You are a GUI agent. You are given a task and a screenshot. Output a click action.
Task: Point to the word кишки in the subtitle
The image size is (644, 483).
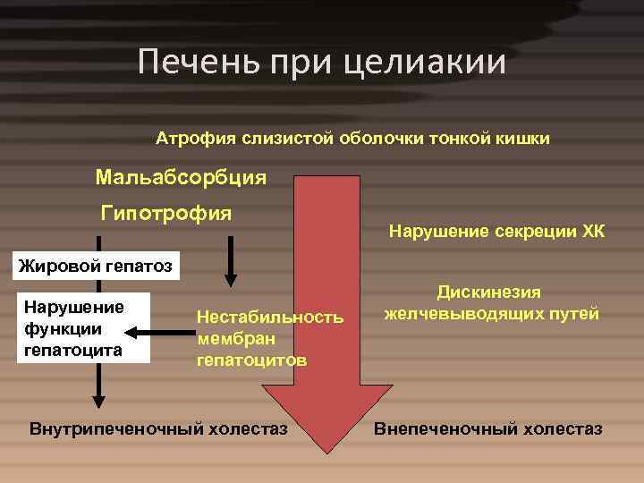point(526,139)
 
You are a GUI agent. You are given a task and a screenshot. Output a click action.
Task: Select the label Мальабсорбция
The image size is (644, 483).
point(181,177)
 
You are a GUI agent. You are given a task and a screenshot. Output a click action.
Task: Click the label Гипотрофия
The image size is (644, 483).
point(166,213)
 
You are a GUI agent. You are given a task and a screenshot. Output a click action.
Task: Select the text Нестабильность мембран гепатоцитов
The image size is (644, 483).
point(269,339)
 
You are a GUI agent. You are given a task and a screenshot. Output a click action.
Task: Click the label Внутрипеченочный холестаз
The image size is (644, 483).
point(159,428)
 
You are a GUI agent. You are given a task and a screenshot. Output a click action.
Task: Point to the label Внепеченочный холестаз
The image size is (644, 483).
point(487,428)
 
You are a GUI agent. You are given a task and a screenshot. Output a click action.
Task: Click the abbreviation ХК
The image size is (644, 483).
point(594,233)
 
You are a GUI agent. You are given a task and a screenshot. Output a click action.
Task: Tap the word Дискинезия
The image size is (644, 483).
point(490,292)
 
